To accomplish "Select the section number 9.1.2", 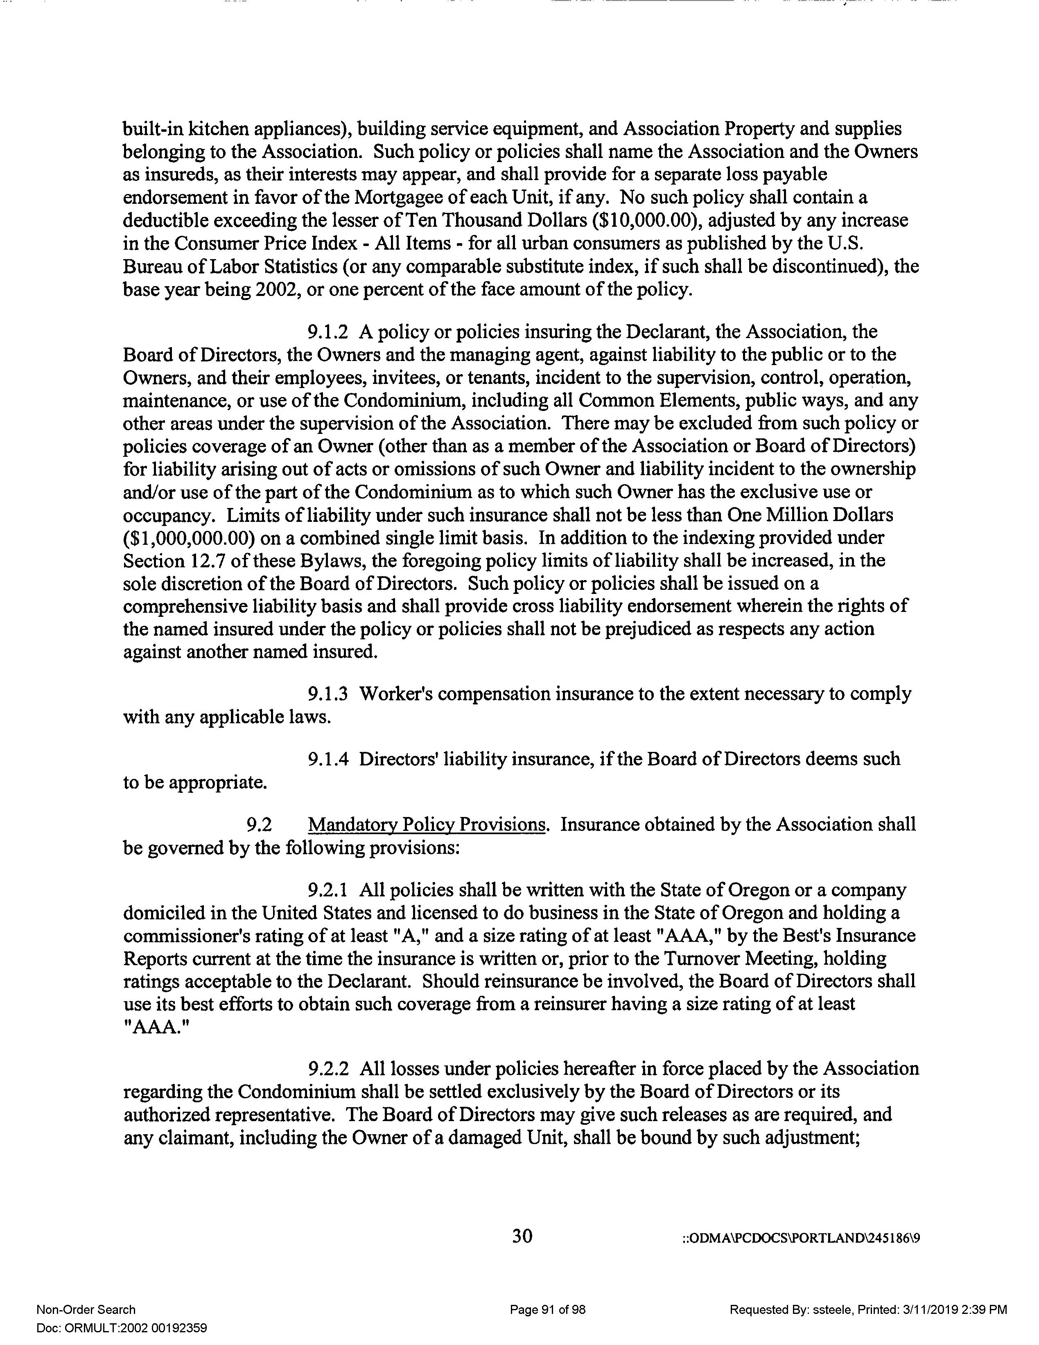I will [328, 332].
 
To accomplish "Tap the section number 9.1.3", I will [328, 694].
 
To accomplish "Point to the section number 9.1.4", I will [328, 759].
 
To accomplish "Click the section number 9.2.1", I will [328, 890].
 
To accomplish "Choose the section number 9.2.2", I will [328, 1068].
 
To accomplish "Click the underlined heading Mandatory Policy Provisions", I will [427, 825].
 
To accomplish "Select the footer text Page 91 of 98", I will [547, 1309].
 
